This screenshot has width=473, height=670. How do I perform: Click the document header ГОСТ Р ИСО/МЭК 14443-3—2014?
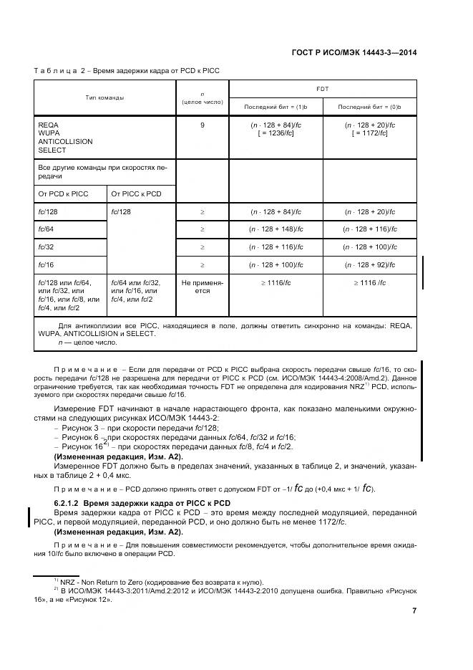(355, 52)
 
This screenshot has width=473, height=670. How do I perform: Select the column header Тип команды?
(104, 97)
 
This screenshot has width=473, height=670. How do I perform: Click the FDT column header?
(322, 88)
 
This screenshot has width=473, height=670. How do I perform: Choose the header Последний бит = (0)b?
(369, 106)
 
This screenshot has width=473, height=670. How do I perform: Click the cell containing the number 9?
(203, 125)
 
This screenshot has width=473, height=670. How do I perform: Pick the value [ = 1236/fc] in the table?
(275, 133)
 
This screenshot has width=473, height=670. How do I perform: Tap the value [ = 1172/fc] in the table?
(369, 133)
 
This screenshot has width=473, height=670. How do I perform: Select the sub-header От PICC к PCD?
(136, 194)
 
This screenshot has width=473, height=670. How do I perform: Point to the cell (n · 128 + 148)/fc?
(275, 229)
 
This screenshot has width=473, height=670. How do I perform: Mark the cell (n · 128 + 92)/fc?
(369, 264)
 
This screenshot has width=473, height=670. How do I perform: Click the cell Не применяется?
(203, 287)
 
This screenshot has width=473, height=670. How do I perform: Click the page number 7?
(414, 611)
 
